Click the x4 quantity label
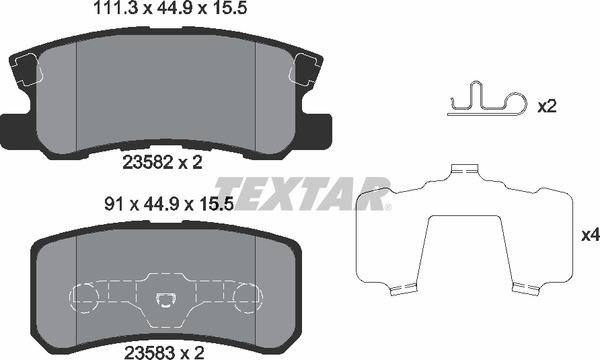[x=588, y=237]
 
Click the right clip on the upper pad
[x=304, y=70]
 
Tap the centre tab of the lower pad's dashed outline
[x=166, y=298]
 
